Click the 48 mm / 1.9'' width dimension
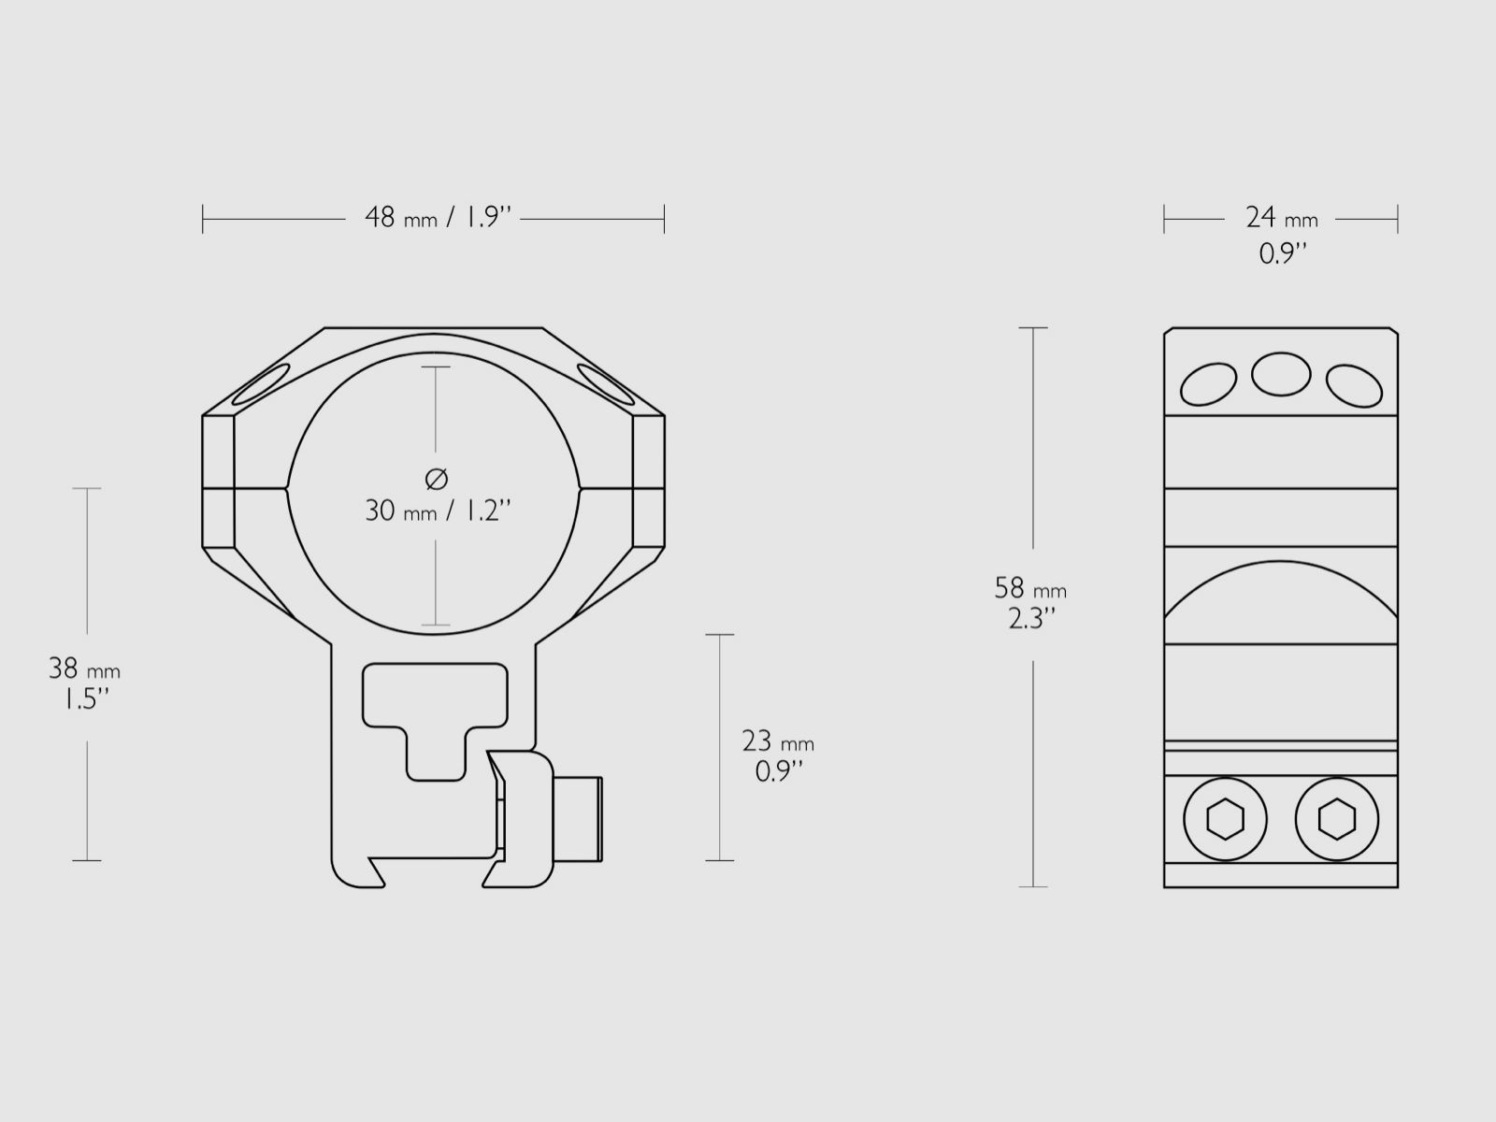(438, 218)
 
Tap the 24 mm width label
(1280, 218)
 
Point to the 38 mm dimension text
(84, 669)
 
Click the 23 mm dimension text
(777, 741)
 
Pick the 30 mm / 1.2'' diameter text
(437, 511)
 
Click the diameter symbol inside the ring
(437, 479)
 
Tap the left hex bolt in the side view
(1225, 820)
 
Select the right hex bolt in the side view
(1337, 820)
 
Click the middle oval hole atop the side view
(1281, 374)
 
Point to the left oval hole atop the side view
(1208, 383)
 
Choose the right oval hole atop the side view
(1354, 385)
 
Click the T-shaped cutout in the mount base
(435, 711)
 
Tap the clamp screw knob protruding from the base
(580, 819)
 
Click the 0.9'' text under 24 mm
(1281, 253)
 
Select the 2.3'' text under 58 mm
(1030, 619)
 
